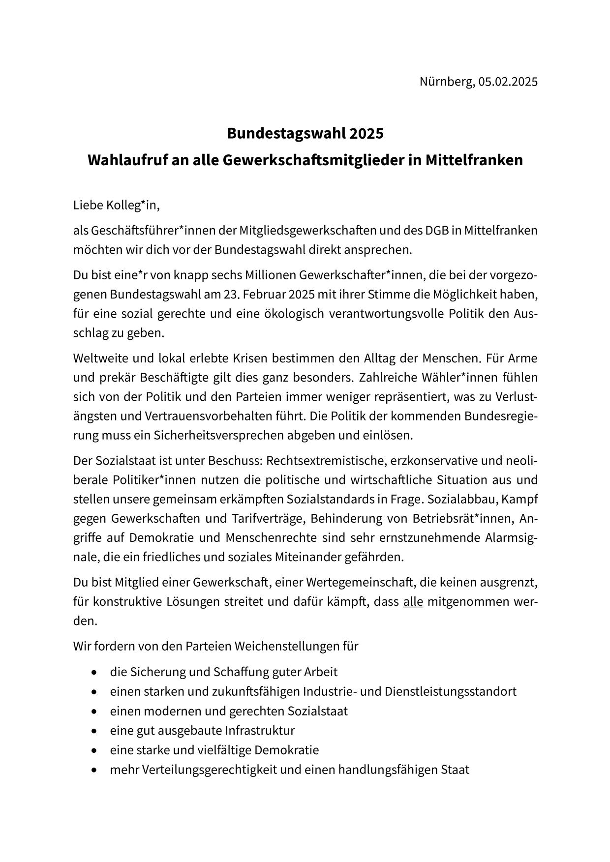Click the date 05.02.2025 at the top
click(508, 82)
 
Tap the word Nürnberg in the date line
click(447, 82)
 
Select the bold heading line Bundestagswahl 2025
click(305, 133)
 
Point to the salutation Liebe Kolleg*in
click(117, 205)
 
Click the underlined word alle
click(413, 601)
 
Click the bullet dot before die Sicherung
click(94, 672)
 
